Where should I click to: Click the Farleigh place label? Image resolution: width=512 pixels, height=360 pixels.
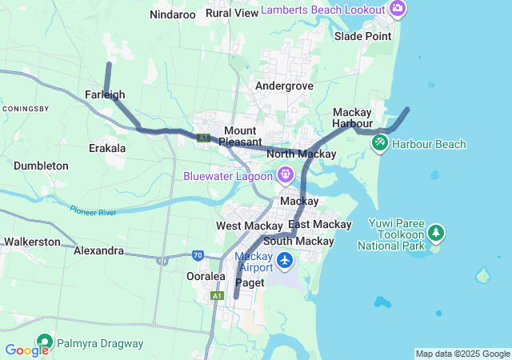pyautogui.click(x=105, y=94)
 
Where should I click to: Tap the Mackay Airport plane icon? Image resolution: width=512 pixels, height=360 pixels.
pyautogui.click(x=285, y=261)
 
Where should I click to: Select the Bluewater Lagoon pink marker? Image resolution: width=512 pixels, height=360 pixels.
pyautogui.click(x=285, y=174)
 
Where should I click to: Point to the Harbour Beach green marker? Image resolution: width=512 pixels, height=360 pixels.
pyautogui.click(x=380, y=143)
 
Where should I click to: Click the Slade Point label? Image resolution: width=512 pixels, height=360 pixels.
pyautogui.click(x=363, y=36)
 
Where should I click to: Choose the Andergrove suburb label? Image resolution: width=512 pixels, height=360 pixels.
pyautogui.click(x=284, y=86)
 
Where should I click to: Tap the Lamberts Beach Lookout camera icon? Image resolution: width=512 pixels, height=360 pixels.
pyautogui.click(x=398, y=9)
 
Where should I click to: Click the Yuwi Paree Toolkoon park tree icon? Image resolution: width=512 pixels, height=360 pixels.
pyautogui.click(x=436, y=233)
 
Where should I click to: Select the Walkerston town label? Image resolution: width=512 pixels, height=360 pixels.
pyautogui.click(x=32, y=241)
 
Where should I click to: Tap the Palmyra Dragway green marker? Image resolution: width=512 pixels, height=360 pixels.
pyautogui.click(x=43, y=343)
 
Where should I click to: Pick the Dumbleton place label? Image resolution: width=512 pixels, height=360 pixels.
pyautogui.click(x=41, y=166)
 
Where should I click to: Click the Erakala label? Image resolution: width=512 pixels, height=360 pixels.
pyautogui.click(x=107, y=148)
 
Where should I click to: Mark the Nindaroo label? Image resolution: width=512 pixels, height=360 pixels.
pyautogui.click(x=173, y=14)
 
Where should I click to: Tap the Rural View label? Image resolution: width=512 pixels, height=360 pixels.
pyautogui.click(x=232, y=13)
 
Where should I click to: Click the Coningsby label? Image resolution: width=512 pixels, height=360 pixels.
pyautogui.click(x=26, y=108)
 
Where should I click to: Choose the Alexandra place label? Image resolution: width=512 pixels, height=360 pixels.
pyautogui.click(x=98, y=250)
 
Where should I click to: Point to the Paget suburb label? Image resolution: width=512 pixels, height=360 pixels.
pyautogui.click(x=249, y=282)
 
